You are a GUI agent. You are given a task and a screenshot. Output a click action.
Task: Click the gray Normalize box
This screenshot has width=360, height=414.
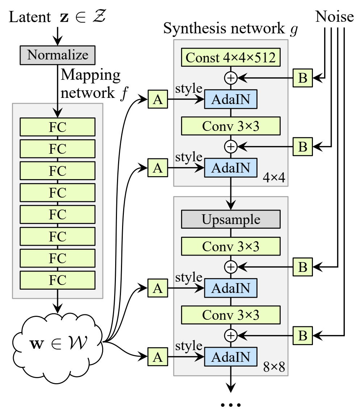58,55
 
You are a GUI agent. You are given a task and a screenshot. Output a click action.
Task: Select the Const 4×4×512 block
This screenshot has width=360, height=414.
231,58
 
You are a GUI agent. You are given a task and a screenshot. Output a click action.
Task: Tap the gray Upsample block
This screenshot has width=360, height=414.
231,220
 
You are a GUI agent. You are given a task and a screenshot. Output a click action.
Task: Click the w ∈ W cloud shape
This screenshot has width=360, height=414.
57,341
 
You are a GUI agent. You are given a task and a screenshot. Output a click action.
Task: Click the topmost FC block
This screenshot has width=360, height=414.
58,127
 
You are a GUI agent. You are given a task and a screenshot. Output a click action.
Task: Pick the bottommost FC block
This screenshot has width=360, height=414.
58,280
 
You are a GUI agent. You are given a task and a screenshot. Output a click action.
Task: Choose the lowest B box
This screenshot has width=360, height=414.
303,336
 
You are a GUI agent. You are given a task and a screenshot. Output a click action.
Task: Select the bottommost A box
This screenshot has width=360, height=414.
158,357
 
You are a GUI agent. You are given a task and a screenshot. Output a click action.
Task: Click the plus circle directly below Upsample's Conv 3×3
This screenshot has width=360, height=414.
231,267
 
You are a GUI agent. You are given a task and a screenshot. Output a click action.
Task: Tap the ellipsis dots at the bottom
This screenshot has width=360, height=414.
231,405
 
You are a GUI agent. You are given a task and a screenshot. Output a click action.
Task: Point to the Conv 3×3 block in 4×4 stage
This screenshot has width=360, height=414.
231,126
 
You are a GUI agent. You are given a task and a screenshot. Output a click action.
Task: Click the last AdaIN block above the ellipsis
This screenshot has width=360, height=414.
231,357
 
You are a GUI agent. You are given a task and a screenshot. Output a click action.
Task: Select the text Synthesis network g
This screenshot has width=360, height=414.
230,29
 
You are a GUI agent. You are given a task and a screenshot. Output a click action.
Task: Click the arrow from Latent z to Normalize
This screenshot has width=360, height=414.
58,36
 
